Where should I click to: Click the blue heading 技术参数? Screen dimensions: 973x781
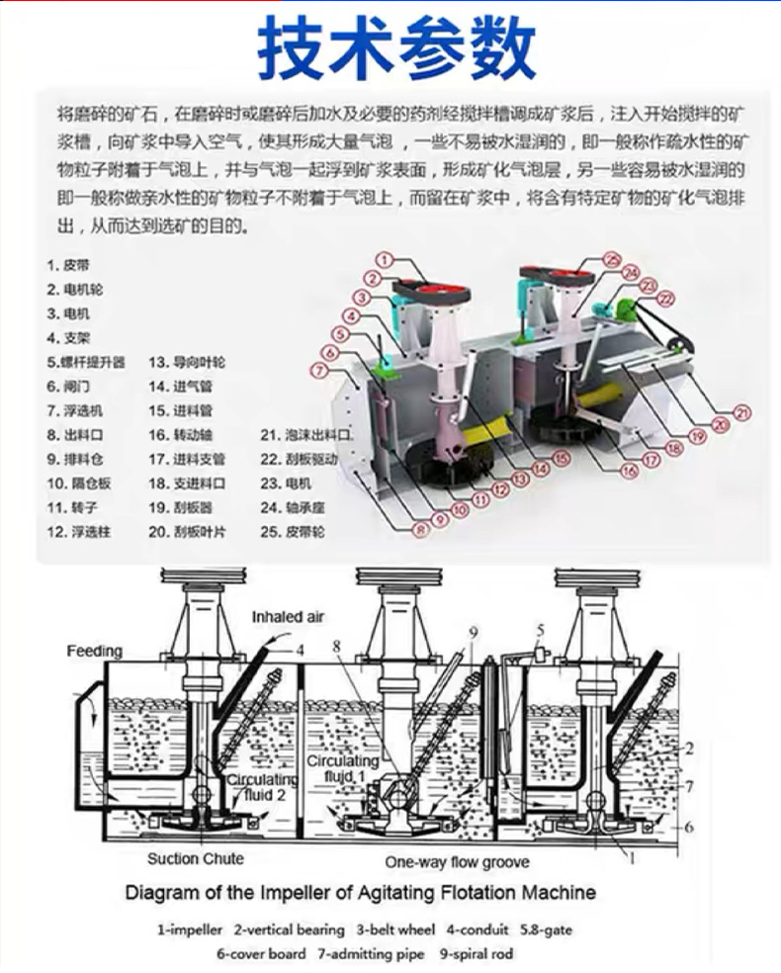(x=396, y=48)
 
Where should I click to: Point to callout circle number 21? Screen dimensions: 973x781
(x=741, y=413)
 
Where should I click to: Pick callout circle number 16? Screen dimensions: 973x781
(x=629, y=472)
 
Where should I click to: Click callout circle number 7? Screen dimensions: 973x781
(x=317, y=370)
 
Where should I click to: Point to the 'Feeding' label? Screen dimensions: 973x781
(x=94, y=651)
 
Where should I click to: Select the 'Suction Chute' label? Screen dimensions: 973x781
(x=196, y=858)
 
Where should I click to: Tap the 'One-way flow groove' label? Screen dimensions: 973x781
(x=457, y=861)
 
